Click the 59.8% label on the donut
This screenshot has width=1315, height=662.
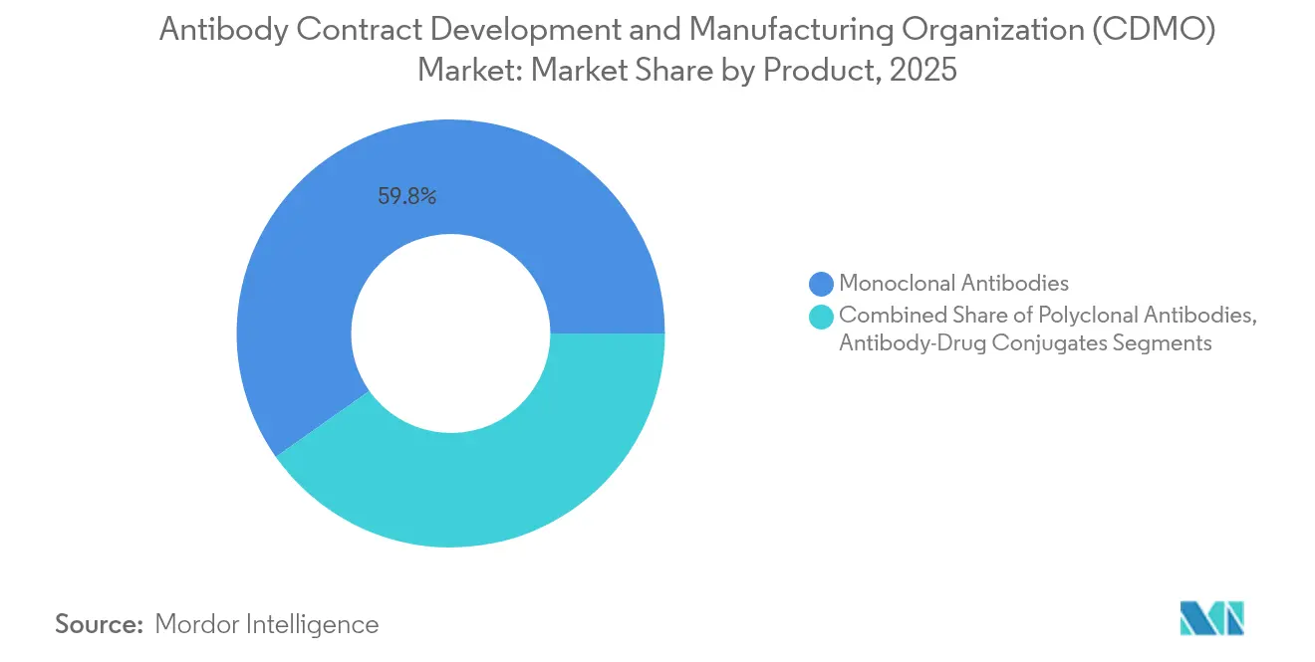406,196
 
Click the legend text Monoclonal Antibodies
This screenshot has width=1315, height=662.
953,285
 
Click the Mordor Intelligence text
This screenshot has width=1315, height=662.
267,624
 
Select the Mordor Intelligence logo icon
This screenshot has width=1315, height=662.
1211,618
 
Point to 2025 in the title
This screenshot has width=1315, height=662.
926,72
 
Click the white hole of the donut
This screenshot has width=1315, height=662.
450,333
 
